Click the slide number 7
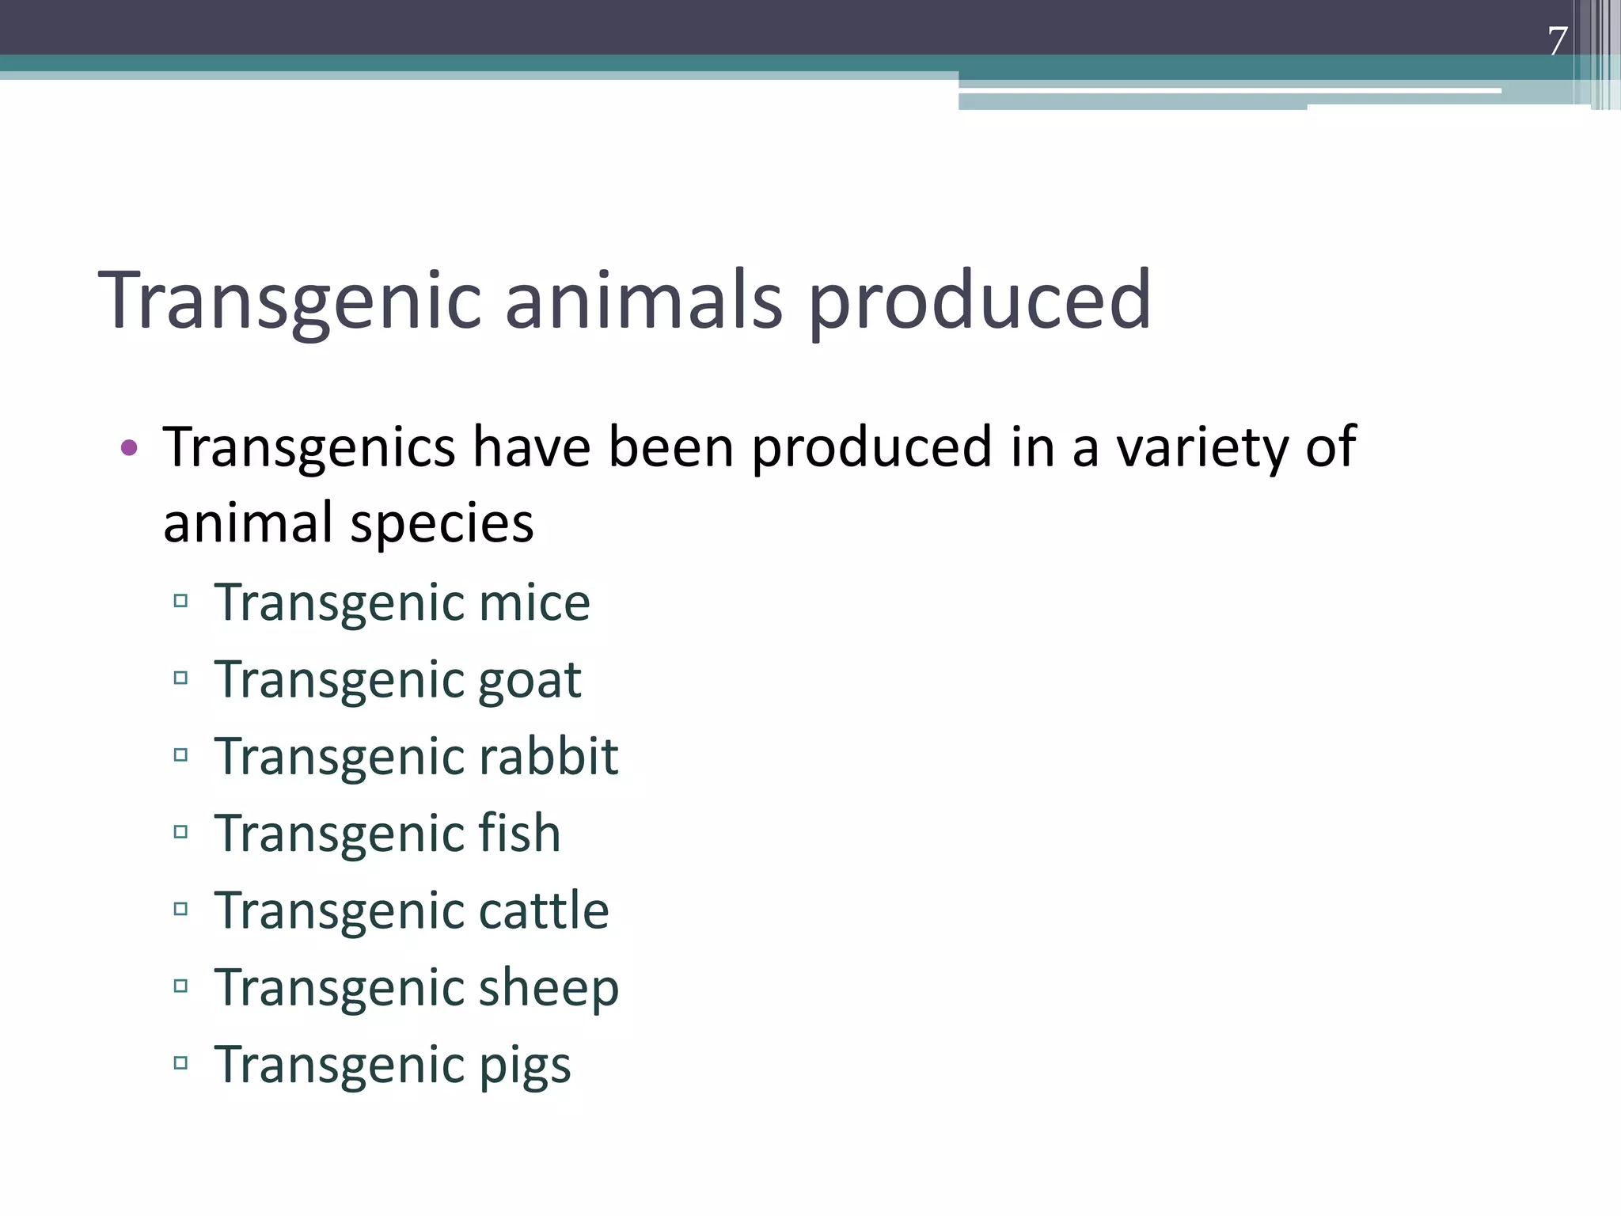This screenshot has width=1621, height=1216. [1557, 41]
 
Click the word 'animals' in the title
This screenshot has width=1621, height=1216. [643, 300]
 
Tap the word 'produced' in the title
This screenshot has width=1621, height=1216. [979, 300]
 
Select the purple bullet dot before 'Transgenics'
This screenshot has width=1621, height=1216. [129, 448]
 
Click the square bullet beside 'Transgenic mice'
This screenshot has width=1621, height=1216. [180, 601]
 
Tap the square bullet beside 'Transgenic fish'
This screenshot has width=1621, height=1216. [180, 832]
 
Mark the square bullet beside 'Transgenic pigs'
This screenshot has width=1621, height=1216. [180, 1063]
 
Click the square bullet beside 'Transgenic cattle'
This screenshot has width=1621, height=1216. [180, 909]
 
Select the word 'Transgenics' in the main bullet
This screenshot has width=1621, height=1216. [309, 448]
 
